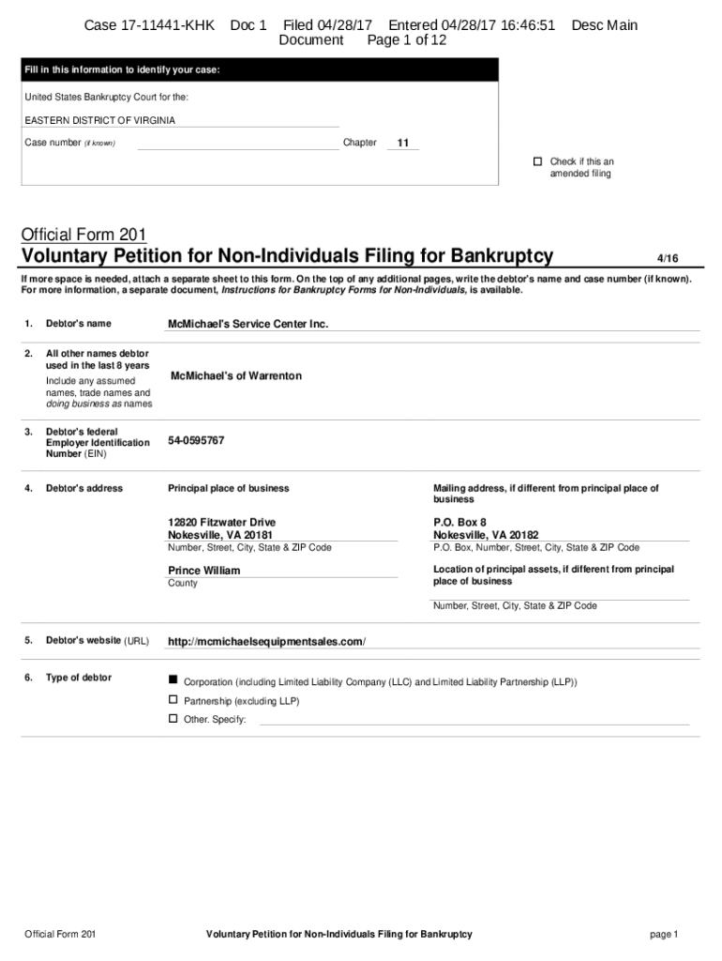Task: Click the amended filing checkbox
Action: [538, 161]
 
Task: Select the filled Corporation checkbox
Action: [173, 678]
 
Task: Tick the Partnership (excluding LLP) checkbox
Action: [173, 700]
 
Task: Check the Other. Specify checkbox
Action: [173, 718]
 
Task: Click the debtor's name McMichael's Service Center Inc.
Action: [248, 324]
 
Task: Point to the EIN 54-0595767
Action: [196, 440]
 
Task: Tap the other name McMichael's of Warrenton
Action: [236, 375]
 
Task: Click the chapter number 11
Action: [403, 144]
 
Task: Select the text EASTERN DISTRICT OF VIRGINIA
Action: [99, 120]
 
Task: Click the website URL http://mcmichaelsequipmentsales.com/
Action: [266, 642]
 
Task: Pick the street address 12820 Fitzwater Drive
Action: [221, 522]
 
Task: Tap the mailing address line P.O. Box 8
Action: [459, 522]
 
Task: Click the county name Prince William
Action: [203, 571]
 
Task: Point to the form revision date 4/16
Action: [666, 257]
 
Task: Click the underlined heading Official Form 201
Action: [83, 234]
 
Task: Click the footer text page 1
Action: [663, 934]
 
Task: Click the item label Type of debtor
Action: [79, 678]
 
